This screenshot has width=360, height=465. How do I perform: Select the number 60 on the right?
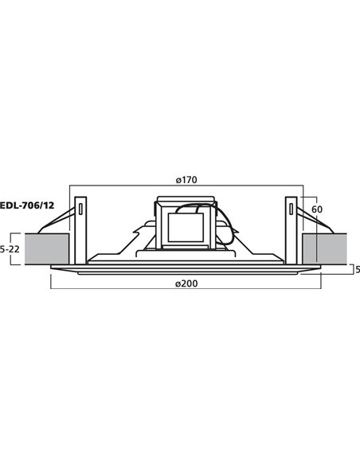tap(315, 209)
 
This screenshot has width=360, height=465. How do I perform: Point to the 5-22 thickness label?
tap(10, 248)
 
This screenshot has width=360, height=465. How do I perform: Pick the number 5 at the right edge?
tap(357, 269)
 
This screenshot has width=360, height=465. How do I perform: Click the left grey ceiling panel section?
tap(47, 248)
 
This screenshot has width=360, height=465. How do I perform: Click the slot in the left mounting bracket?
tap(80, 210)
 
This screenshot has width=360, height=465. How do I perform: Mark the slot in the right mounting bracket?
tap(292, 210)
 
